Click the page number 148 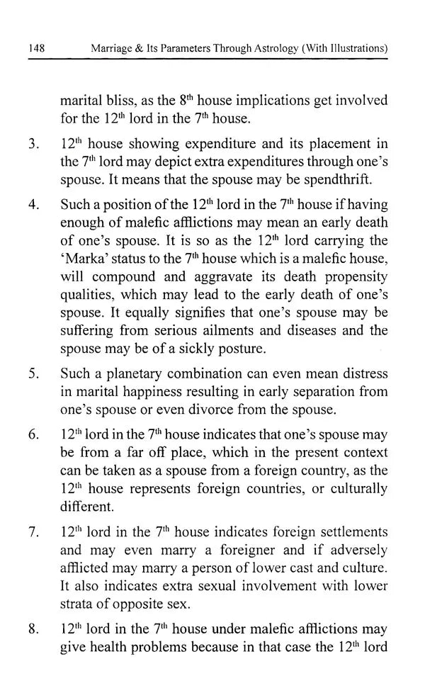(37, 49)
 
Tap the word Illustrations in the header (352, 49)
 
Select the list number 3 (33, 145)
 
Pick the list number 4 (33, 205)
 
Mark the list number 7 (33, 531)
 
